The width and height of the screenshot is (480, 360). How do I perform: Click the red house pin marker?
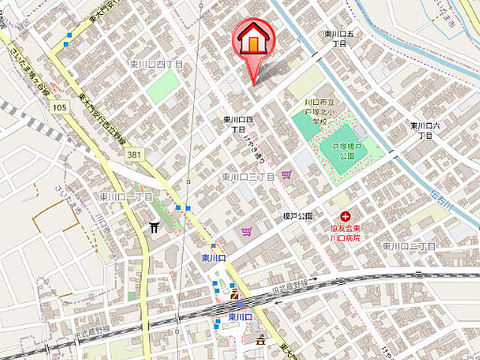point(254,41)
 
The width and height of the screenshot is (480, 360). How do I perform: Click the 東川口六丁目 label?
point(425,130)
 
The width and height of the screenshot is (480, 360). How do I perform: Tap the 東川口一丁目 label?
point(126,196)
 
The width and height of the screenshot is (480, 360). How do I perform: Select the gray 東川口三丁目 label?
point(248,177)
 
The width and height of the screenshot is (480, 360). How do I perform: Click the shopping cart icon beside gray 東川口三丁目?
point(286,175)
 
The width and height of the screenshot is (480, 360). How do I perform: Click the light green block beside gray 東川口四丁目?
point(163,88)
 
